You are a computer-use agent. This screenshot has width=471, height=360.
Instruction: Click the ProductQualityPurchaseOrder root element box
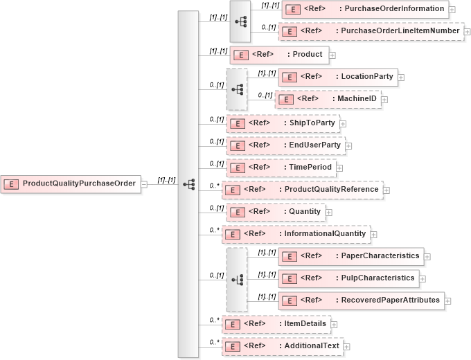[71, 184]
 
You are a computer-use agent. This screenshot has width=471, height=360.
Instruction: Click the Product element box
[278, 55]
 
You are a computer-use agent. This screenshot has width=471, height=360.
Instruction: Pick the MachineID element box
[328, 99]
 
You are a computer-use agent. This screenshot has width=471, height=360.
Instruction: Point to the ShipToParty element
[282, 123]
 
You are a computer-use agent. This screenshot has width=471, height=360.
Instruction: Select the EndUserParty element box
[285, 145]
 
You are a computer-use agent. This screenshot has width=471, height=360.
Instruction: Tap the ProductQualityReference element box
[301, 190]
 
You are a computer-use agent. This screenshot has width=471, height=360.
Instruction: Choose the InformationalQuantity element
[295, 234]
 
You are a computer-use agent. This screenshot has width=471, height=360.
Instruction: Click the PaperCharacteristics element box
[350, 256]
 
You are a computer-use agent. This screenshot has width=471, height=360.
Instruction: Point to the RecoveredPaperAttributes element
[361, 300]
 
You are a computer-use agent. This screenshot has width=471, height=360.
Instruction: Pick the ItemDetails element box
[276, 323]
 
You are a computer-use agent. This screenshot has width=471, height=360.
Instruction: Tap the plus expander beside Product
[332, 55]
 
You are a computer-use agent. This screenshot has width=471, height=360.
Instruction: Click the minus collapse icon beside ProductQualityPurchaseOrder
[144, 184]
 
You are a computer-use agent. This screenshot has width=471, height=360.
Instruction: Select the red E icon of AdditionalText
[235, 345]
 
